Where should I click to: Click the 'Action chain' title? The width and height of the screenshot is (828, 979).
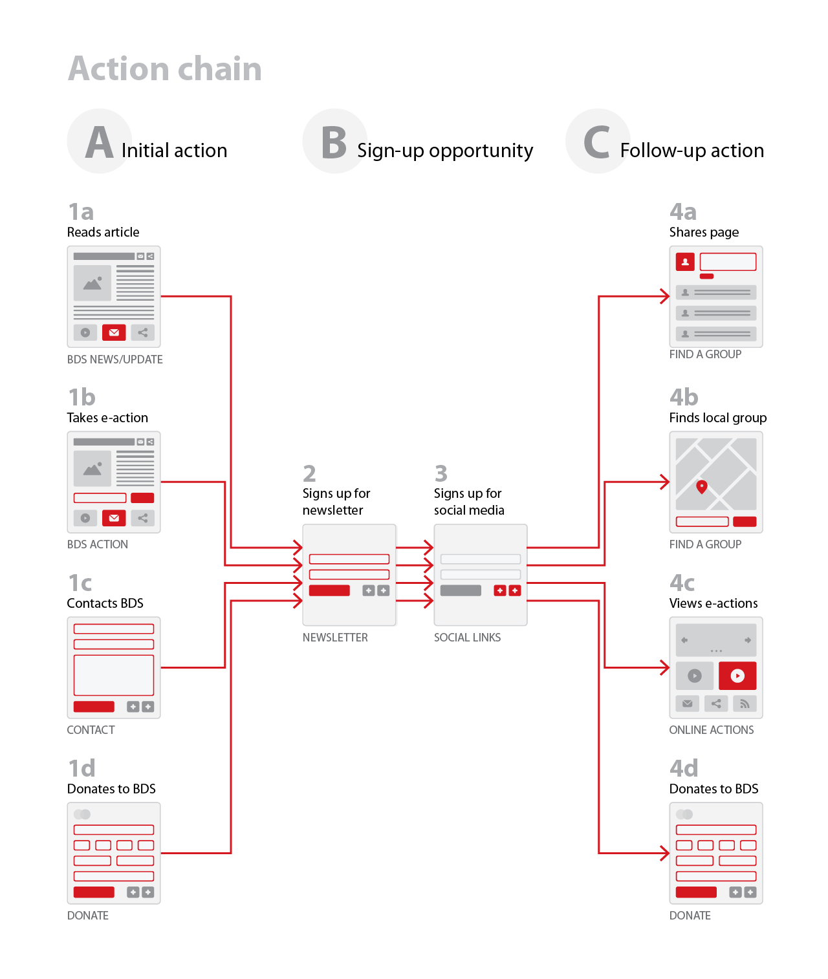point(165,69)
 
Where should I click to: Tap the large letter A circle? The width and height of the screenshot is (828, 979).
point(100,142)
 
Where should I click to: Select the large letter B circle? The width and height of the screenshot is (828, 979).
point(334,142)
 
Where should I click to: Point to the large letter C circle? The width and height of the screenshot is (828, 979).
point(597,142)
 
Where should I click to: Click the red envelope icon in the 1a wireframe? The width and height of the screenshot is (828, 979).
point(114,332)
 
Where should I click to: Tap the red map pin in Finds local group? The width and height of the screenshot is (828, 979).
point(701,486)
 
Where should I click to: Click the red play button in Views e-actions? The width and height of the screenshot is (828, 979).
point(737,676)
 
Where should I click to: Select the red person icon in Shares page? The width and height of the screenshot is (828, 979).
point(685,262)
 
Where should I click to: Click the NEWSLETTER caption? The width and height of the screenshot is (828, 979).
point(335,638)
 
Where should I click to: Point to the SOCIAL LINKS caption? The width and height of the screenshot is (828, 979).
point(467,638)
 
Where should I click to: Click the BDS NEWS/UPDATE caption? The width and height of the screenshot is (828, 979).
point(115,360)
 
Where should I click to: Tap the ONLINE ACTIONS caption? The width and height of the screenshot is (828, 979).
point(712,730)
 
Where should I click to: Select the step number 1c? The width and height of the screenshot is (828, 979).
point(80,583)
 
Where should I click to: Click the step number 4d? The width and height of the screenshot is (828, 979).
point(684,768)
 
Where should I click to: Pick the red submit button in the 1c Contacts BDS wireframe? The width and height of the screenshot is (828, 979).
point(94,707)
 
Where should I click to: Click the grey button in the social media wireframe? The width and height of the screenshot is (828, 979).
point(461,590)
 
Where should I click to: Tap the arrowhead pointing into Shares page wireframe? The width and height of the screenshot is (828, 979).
point(665,296)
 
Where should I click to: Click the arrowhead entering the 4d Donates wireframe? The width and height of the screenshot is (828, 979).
point(665,853)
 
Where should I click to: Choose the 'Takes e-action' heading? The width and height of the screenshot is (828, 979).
point(107,418)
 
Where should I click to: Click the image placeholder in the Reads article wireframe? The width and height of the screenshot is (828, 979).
point(93,283)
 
